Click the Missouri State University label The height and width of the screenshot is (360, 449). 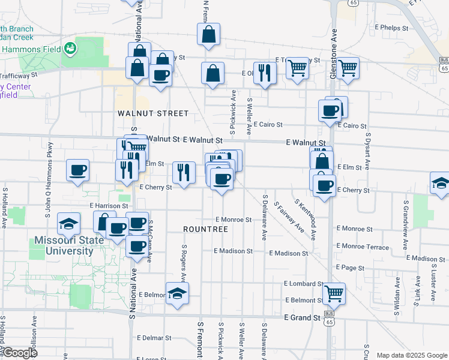coord(64,245)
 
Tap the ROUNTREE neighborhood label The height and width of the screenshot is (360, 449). coord(206,229)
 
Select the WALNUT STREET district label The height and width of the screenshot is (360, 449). coord(153,113)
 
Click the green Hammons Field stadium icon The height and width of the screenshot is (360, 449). coord(71,47)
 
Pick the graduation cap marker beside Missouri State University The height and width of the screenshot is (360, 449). coord(68,224)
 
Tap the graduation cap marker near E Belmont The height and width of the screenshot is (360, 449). coord(176,293)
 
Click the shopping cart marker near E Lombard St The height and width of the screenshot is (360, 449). coord(334,293)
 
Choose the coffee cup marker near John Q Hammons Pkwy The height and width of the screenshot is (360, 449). coord(78,170)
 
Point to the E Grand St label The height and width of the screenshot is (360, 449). coord(303,317)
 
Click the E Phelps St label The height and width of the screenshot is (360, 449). coord(391,27)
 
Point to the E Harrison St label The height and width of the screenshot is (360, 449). coord(109,206)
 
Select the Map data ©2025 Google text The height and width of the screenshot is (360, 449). coord(412,355)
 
